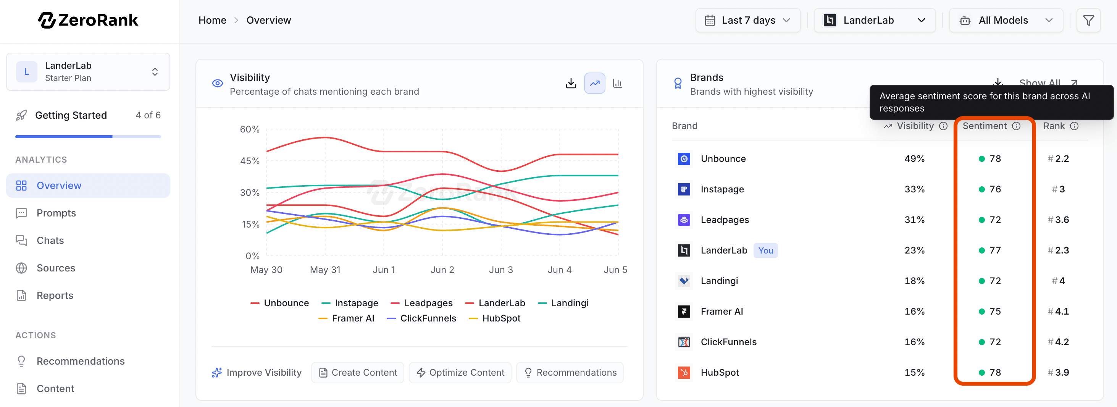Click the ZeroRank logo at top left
click(x=89, y=20)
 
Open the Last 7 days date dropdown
click(x=747, y=20)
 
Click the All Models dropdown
click(x=1006, y=20)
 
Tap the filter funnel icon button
click(x=1088, y=20)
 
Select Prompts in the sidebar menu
click(x=56, y=213)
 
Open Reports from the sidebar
click(x=55, y=296)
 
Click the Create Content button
click(x=358, y=373)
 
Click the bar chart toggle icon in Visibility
click(x=617, y=83)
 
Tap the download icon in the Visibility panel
click(x=571, y=83)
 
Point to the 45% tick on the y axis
click(x=250, y=161)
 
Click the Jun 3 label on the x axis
click(x=501, y=270)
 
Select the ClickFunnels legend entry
click(x=421, y=318)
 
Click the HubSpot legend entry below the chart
click(x=495, y=318)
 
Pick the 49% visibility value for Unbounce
click(x=915, y=159)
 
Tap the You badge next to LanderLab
click(x=765, y=250)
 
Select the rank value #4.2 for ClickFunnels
click(x=1059, y=342)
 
